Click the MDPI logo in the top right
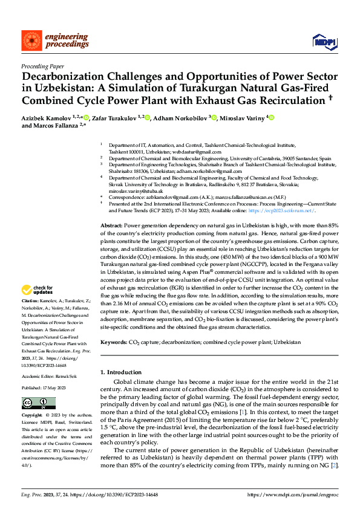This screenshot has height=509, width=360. click(x=324, y=41)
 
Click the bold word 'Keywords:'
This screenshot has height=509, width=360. click(x=113, y=343)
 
